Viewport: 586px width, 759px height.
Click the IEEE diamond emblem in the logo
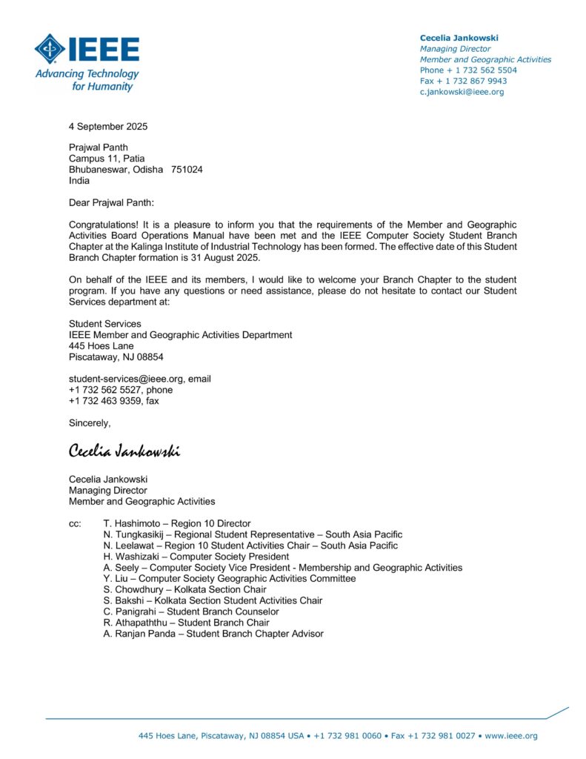tap(50, 49)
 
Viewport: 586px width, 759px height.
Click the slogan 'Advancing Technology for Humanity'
tap(87, 80)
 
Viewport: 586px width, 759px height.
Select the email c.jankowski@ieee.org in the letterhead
tap(462, 92)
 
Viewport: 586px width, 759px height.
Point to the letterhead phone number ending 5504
tap(468, 70)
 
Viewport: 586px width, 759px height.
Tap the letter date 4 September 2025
tap(108, 127)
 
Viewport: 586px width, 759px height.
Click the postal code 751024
tap(187, 170)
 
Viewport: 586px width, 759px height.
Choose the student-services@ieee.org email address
tap(126, 379)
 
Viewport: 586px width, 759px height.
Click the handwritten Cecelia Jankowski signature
tap(124, 451)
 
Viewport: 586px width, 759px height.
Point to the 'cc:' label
tap(75, 523)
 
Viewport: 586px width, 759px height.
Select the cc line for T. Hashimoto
tap(177, 523)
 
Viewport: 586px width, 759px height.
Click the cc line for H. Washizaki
tap(196, 557)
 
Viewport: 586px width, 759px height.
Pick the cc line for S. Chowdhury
tap(185, 589)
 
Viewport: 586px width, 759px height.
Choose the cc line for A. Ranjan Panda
tap(213, 634)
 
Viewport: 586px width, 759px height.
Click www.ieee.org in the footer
tap(511, 736)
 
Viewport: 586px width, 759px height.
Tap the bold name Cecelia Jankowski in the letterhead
tap(459, 38)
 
